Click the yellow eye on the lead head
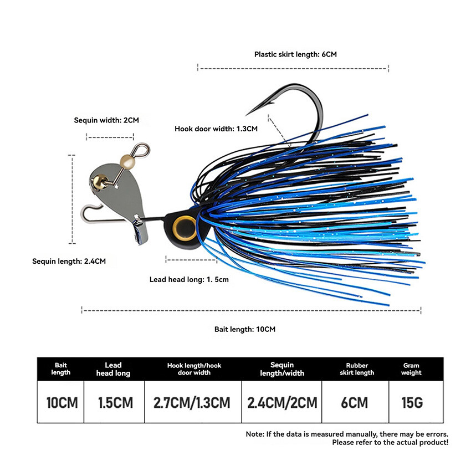pyautogui.click(x=185, y=228)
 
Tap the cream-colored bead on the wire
pyautogui.click(x=127, y=161)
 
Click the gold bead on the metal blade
pyautogui.click(x=99, y=182)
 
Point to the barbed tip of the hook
pyautogui.click(x=248, y=114)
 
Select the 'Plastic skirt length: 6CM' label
pyautogui.click(x=295, y=54)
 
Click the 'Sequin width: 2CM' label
pyautogui.click(x=106, y=120)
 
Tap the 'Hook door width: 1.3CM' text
pyautogui.click(x=216, y=129)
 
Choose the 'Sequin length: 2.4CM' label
pyautogui.click(x=69, y=262)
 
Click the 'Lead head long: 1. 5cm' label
pyautogui.click(x=189, y=280)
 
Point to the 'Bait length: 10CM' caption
pyautogui.click(x=245, y=329)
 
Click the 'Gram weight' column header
pyautogui.click(x=411, y=369)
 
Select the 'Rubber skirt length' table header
pyautogui.click(x=357, y=369)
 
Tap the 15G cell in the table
pyautogui.click(x=412, y=402)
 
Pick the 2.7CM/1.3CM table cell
pyautogui.click(x=192, y=402)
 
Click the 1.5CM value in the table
pyautogui.click(x=115, y=402)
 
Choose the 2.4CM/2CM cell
pyautogui.click(x=282, y=402)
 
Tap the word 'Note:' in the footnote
pyautogui.click(x=255, y=434)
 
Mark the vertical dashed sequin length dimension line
pyautogui.click(x=72, y=199)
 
